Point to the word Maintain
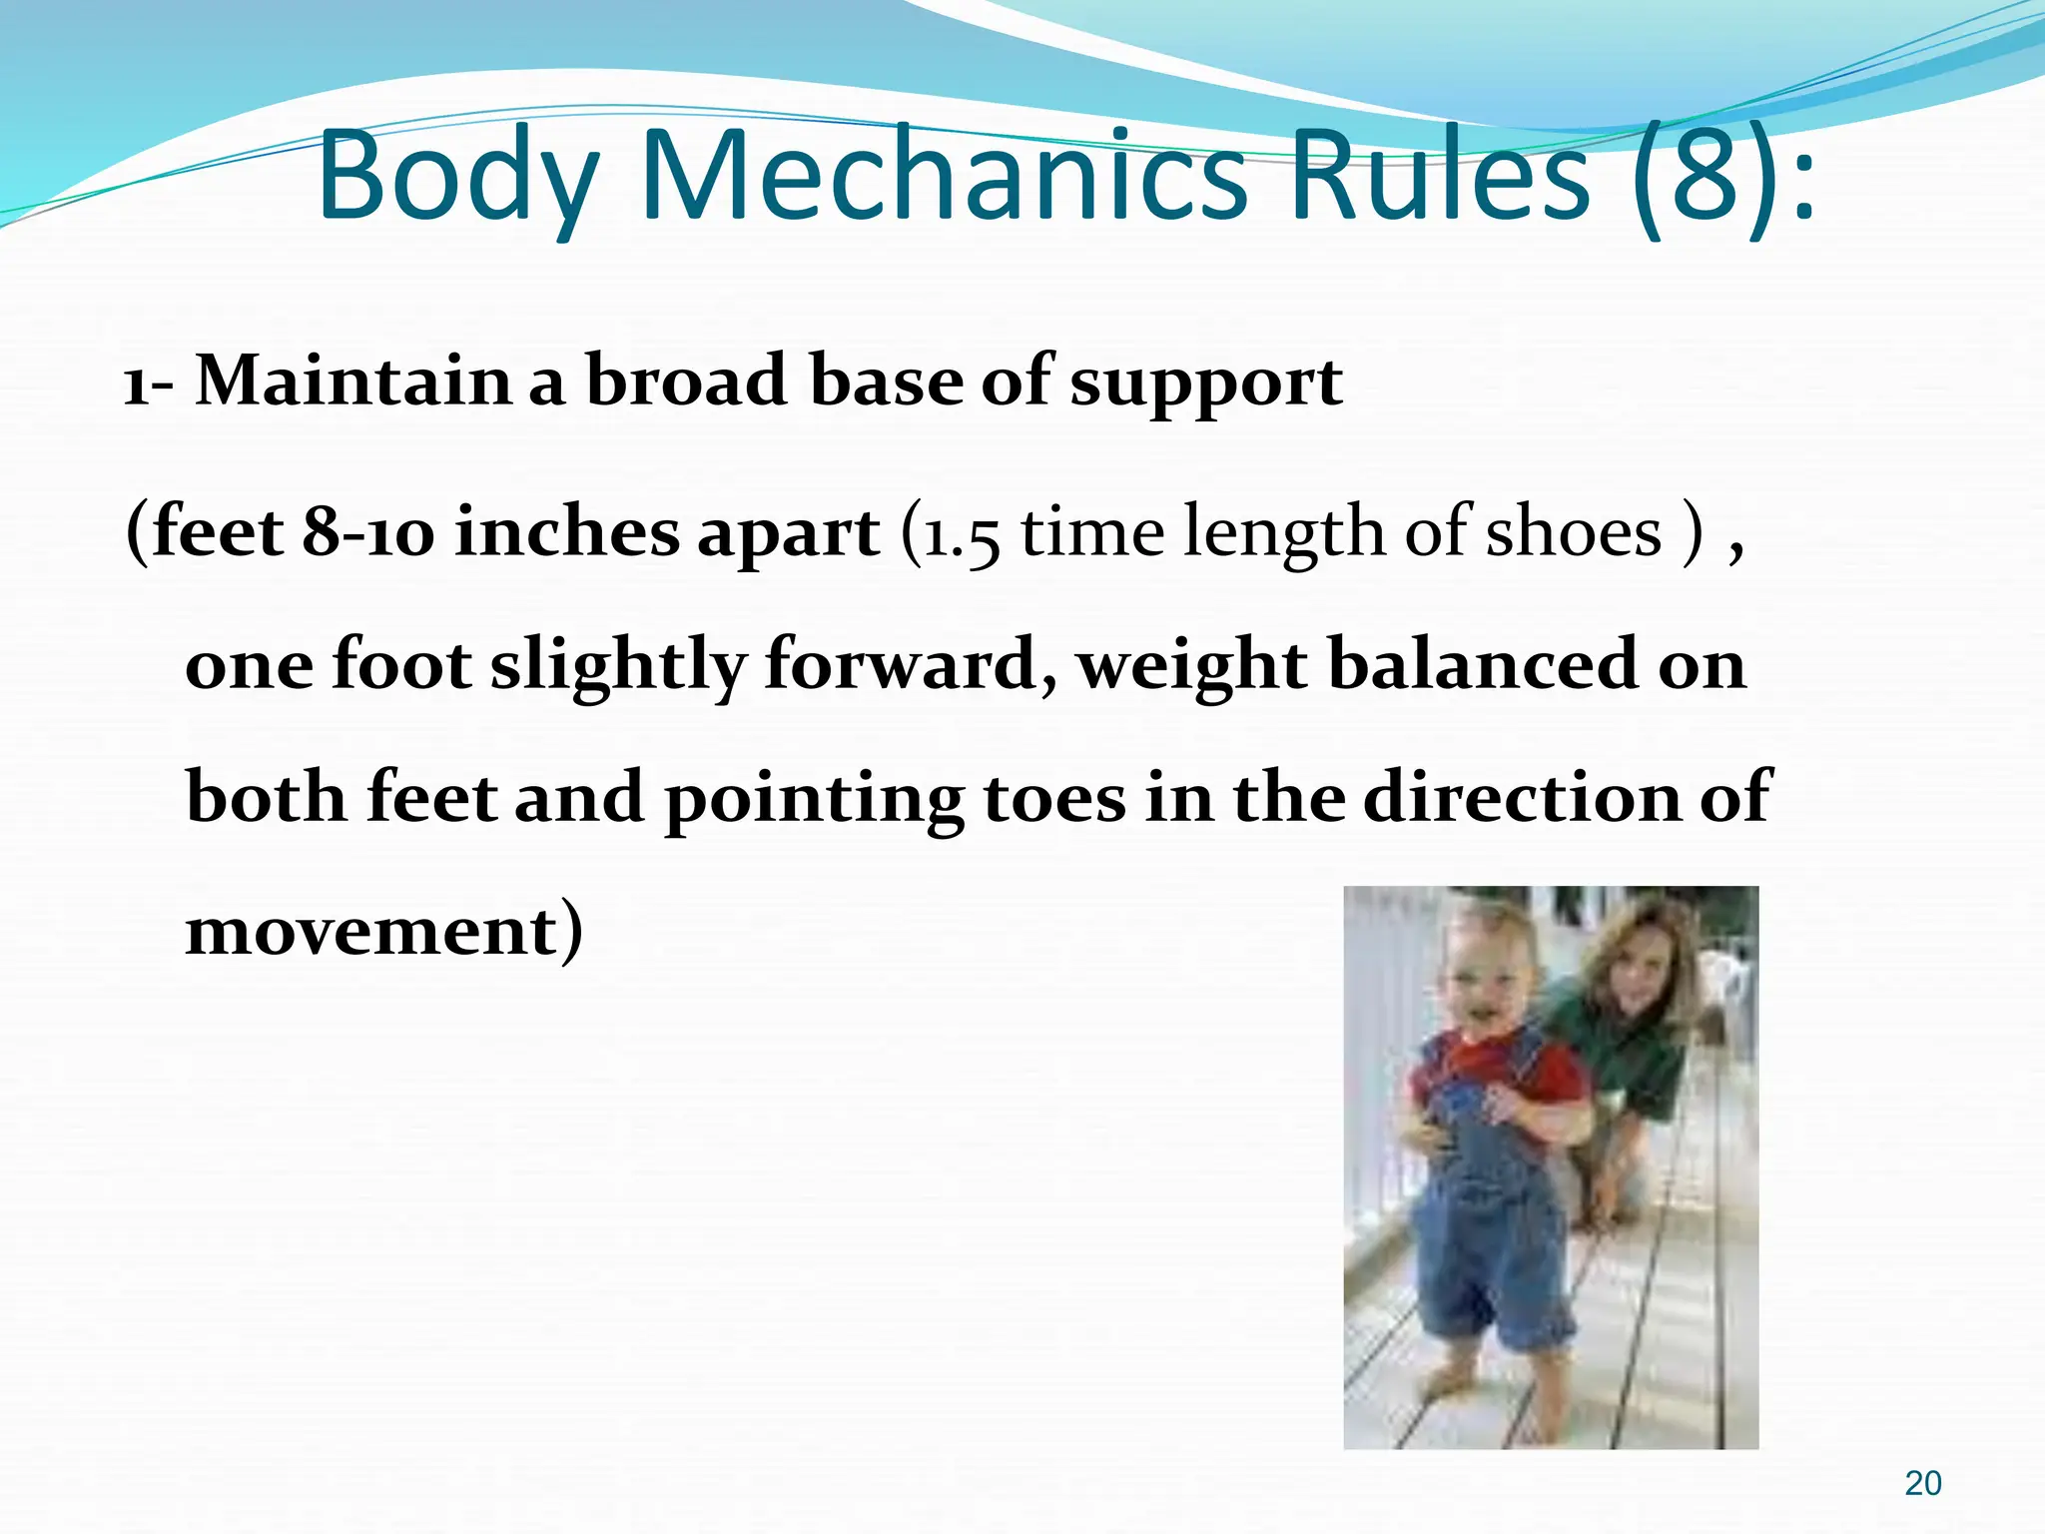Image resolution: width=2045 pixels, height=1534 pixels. (352, 382)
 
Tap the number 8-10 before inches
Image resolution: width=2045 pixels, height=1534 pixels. (367, 532)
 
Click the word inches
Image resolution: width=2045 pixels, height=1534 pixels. (565, 532)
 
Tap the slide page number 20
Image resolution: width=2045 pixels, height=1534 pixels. (1922, 1484)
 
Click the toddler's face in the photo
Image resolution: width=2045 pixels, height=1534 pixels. (1485, 980)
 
